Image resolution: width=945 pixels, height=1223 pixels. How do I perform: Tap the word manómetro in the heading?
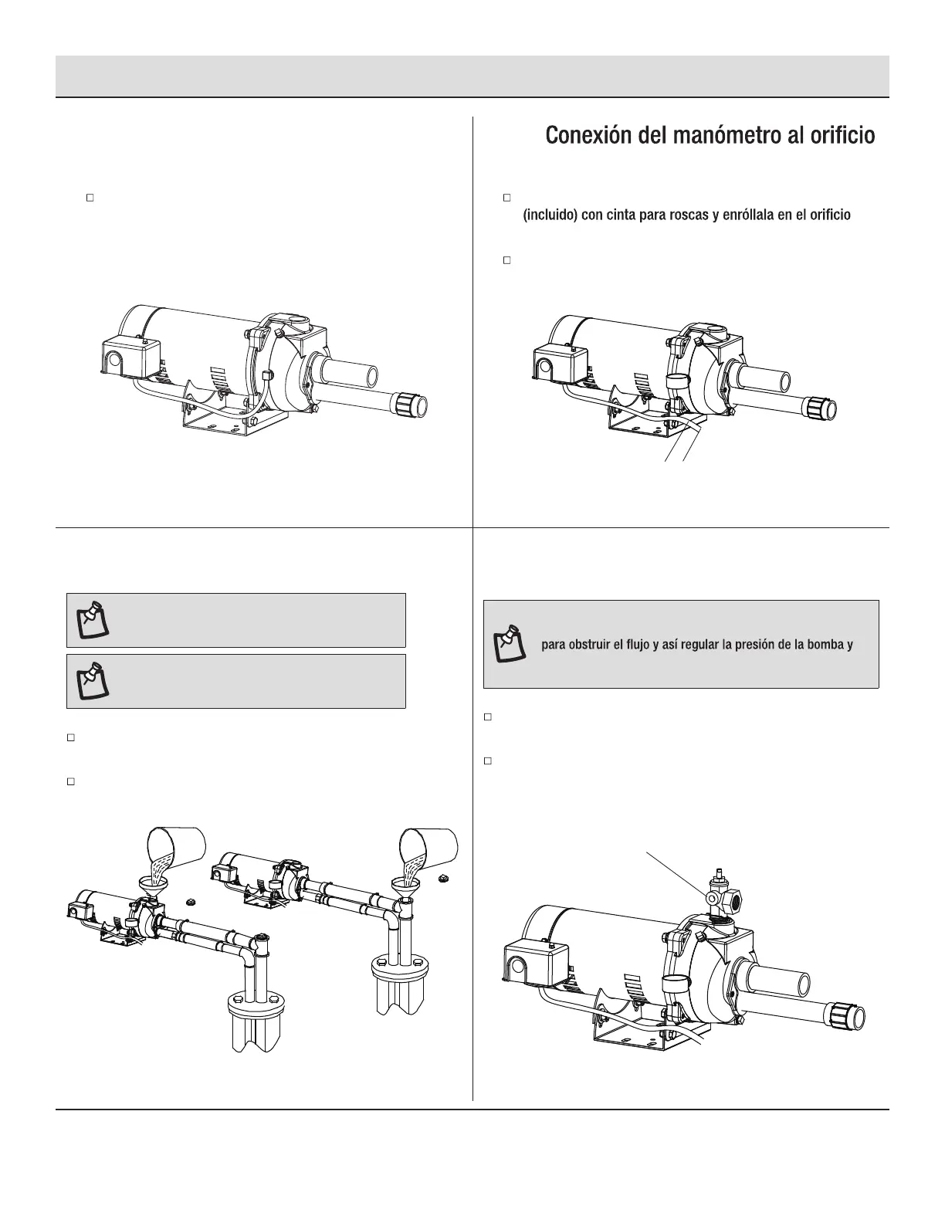(706, 137)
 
